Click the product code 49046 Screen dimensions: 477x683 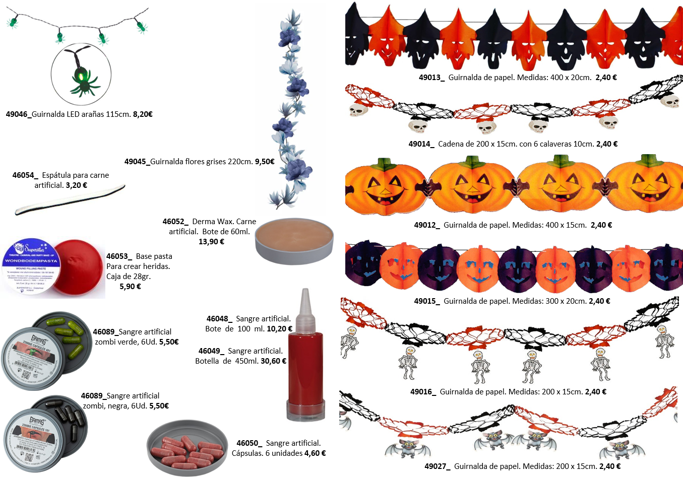click(x=17, y=114)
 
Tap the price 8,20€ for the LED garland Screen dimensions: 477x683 click(x=143, y=114)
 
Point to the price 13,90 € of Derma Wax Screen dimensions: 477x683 click(x=211, y=242)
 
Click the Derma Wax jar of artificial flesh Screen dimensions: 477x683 click(x=295, y=240)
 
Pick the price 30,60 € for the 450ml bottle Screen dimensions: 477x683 click(x=273, y=361)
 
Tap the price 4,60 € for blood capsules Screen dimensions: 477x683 click(x=315, y=453)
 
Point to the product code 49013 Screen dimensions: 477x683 click(x=431, y=78)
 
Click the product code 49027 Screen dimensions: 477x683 click(x=437, y=466)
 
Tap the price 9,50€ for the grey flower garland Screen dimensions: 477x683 click(x=265, y=162)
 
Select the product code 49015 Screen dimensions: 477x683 click(x=426, y=301)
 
